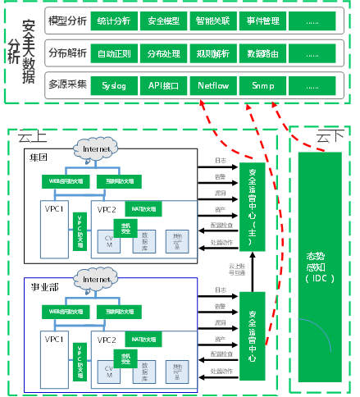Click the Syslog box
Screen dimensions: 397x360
click(114, 85)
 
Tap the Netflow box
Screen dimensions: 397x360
click(214, 85)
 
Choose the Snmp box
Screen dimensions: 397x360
click(262, 85)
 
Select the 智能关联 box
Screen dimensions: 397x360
click(214, 18)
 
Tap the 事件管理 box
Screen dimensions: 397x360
click(262, 18)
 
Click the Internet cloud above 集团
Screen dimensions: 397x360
click(96, 149)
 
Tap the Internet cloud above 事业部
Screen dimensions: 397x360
click(96, 279)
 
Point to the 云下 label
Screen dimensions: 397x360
click(328, 135)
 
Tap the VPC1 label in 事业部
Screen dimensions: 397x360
click(55, 339)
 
